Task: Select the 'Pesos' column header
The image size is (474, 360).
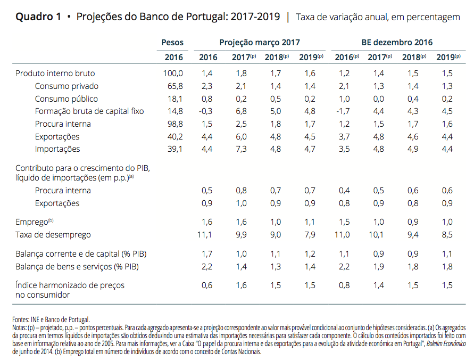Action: (172, 42)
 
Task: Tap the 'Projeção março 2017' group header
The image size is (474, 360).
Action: (260, 42)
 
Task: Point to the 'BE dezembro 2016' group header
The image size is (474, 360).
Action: (393, 42)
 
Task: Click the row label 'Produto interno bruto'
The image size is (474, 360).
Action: (55, 73)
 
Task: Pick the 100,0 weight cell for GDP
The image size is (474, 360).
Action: (172, 73)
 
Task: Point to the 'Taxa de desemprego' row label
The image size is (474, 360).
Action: (53, 234)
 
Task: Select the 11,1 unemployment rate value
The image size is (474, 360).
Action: (205, 234)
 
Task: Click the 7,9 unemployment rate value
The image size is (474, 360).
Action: (310, 234)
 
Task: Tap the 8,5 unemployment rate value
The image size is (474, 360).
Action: (447, 234)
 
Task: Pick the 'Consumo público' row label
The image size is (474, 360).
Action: (66, 99)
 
